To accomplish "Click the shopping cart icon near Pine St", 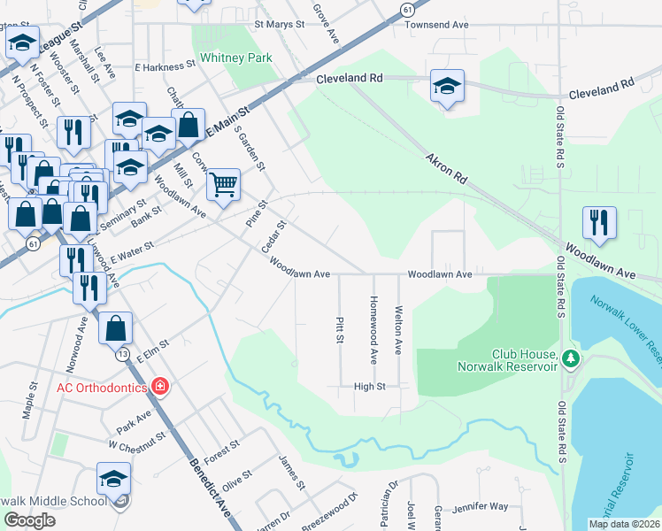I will (x=224, y=184).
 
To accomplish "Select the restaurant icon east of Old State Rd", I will (x=599, y=223).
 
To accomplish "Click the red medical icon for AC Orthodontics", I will (x=159, y=385).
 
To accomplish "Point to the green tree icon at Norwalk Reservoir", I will (x=571, y=358).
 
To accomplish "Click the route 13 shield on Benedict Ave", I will (x=122, y=355).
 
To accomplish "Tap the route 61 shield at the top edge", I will (x=406, y=9).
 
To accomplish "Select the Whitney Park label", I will (x=235, y=58).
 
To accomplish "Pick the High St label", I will (x=370, y=386).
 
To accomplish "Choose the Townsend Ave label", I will (x=436, y=26).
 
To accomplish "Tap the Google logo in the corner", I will (x=30, y=520).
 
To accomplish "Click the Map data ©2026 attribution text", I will (x=623, y=524).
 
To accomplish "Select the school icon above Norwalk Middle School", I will (x=114, y=479).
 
